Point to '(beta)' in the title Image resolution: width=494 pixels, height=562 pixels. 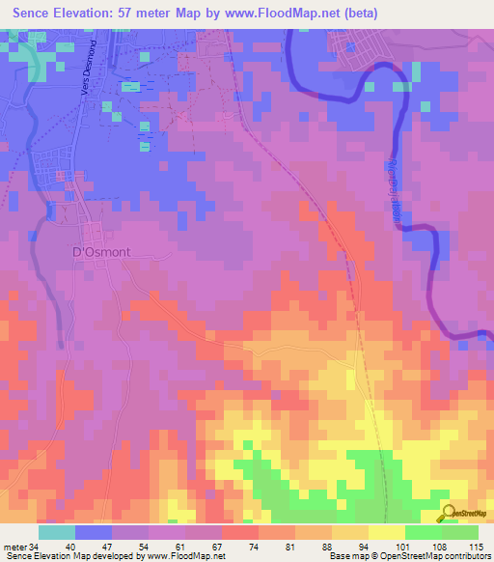coord(357,14)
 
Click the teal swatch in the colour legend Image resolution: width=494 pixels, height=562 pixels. coord(57,532)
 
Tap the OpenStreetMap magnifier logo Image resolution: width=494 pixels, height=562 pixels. coord(448,515)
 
